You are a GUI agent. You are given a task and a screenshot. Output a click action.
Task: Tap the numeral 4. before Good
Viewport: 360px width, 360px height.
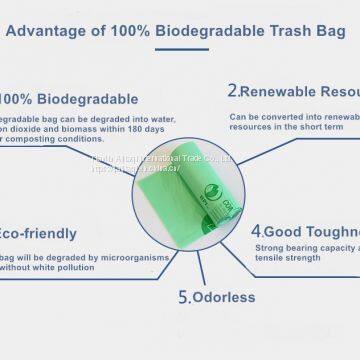click(256, 228)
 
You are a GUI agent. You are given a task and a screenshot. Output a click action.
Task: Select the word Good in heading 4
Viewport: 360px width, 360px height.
click(289, 228)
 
